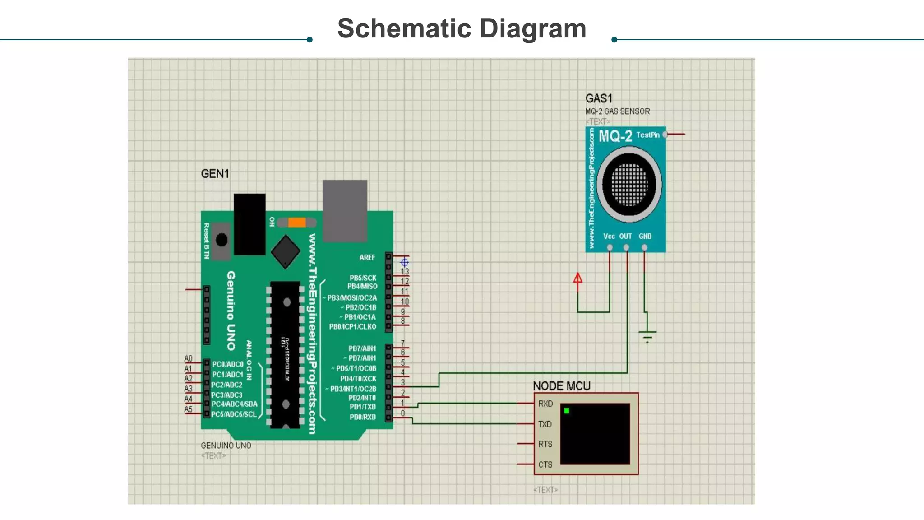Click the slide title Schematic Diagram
pos(462,28)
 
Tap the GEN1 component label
pos(215,174)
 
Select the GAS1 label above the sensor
pos(599,98)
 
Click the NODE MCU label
pos(562,386)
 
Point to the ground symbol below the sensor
pos(647,335)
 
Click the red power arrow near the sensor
pos(577,279)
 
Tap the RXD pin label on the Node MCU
pos(545,404)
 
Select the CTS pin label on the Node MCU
pos(545,464)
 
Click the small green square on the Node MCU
pos(567,411)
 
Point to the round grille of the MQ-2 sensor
pos(629,184)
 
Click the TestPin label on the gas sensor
pos(648,135)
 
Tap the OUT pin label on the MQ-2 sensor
pos(625,236)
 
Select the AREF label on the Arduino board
pos(367,257)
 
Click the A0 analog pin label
pos(188,358)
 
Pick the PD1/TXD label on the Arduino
pos(363,407)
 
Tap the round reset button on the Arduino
pos(222,240)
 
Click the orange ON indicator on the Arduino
pos(297,222)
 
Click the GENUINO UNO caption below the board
pos(226,446)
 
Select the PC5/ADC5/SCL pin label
pos(234,414)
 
